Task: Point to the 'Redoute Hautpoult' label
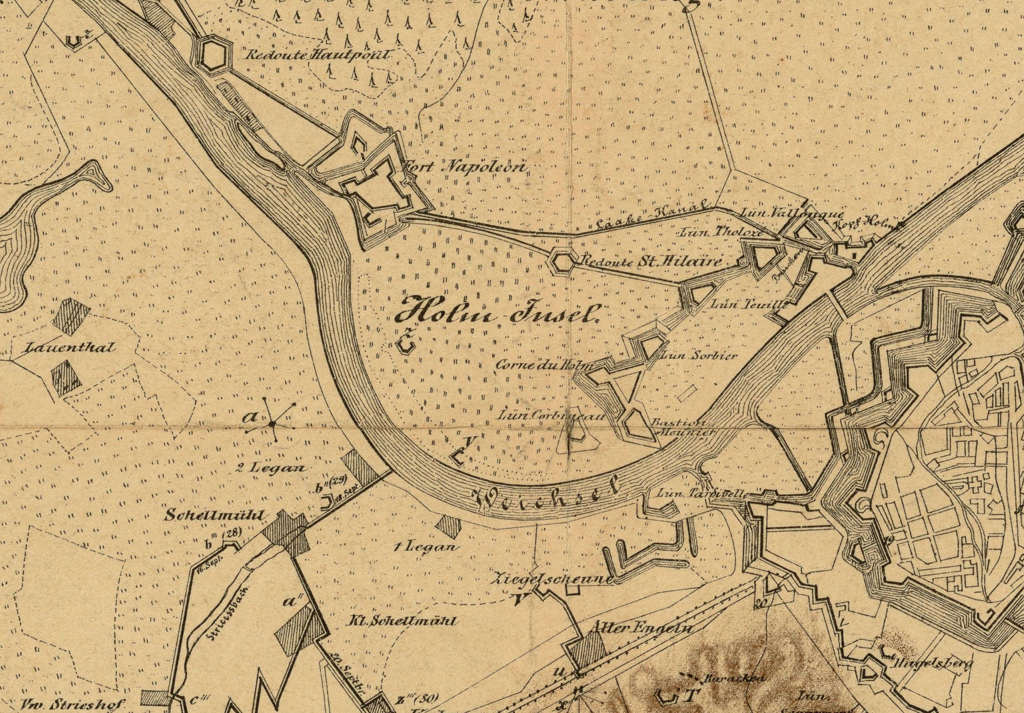point(318,54)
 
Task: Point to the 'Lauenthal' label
point(70,347)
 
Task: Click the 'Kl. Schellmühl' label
point(402,622)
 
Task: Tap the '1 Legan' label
point(426,547)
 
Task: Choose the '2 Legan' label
point(271,468)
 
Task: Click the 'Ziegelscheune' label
point(552,579)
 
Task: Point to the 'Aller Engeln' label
point(642,628)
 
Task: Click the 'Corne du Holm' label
point(544,366)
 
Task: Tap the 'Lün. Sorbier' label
point(698,356)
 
